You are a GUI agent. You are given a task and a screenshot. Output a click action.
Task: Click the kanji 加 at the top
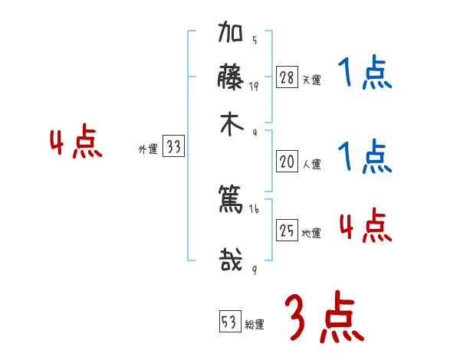(x=231, y=34)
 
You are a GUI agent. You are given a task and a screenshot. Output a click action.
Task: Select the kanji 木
(x=231, y=125)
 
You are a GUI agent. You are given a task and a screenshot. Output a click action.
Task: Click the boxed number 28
(x=287, y=77)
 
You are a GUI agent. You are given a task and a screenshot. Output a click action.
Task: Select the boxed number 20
(x=287, y=162)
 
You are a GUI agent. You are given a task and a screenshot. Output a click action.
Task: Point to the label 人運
(x=311, y=164)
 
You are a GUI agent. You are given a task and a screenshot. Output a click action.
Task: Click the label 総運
(x=254, y=324)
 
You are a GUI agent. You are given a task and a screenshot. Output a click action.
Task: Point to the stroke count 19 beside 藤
(x=255, y=86)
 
